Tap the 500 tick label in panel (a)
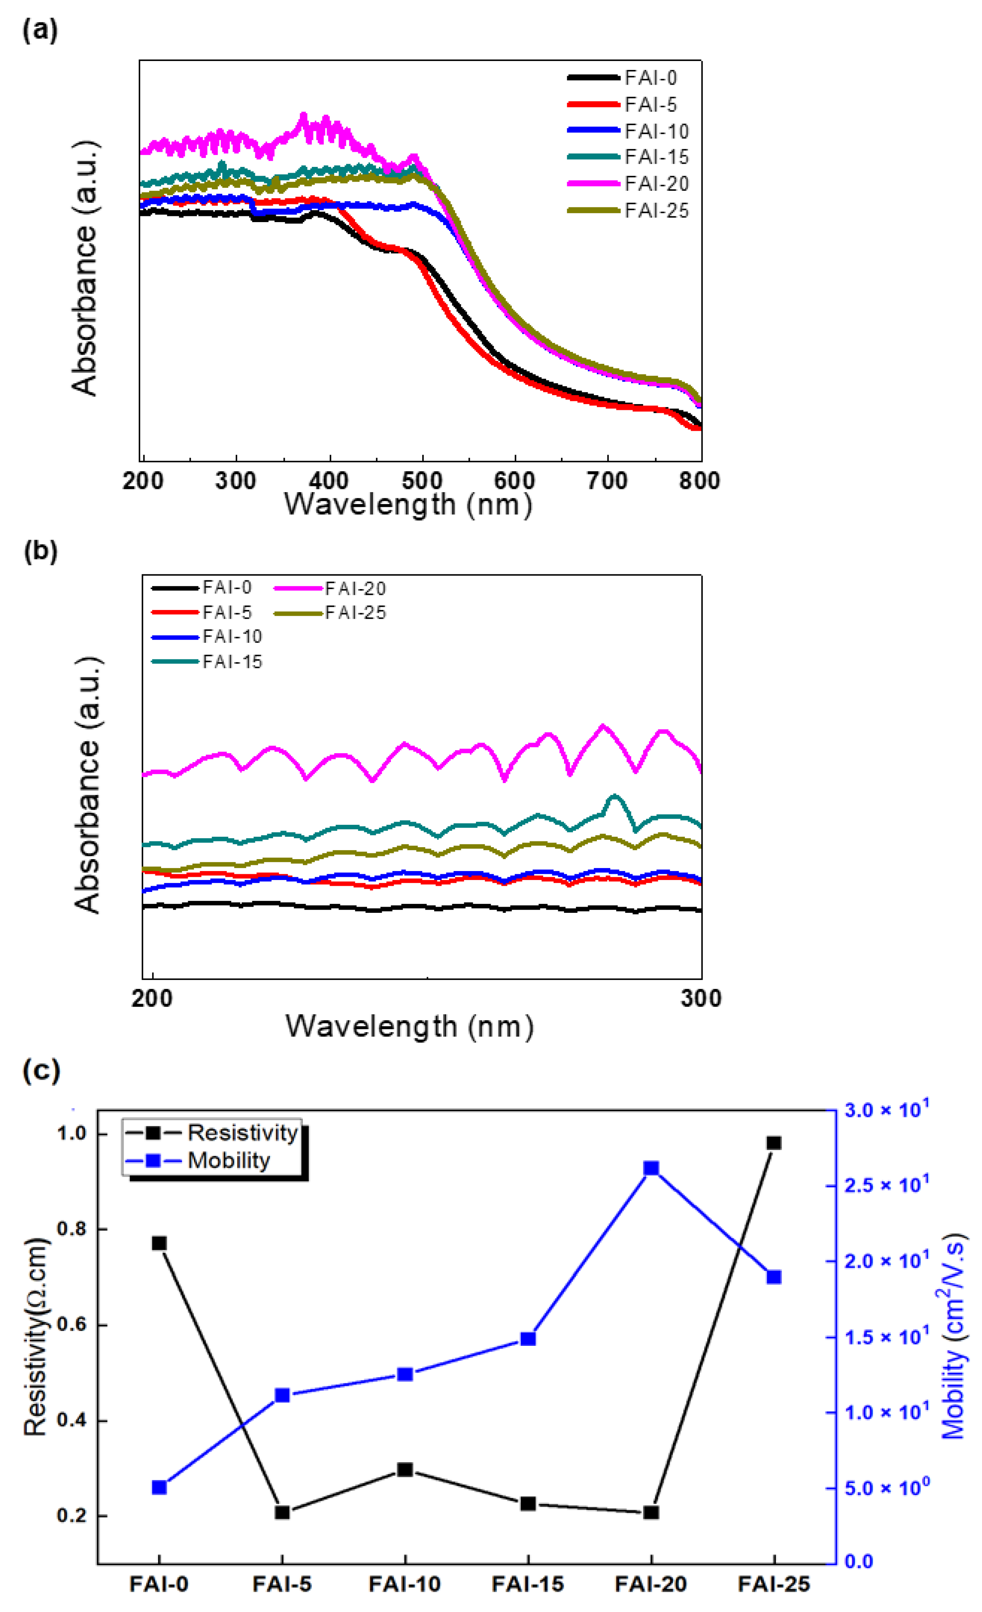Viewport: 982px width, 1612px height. [x=422, y=481]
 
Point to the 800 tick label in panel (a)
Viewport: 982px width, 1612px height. [x=699, y=481]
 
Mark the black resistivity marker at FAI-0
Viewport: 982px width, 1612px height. [x=159, y=1243]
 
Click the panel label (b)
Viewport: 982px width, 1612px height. [x=41, y=551]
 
